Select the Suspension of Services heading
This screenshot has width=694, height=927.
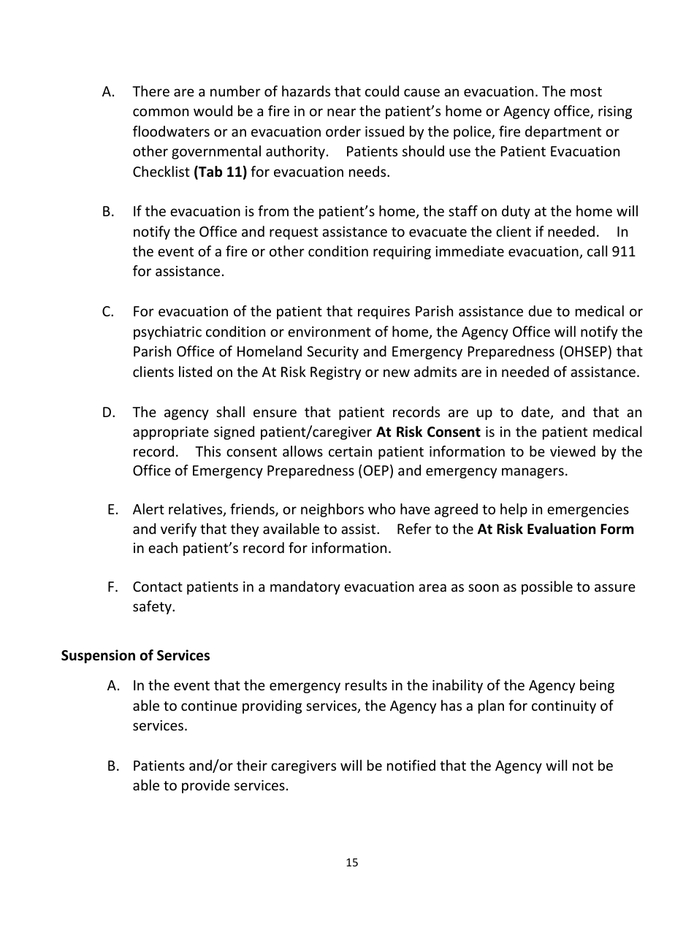tap(135, 655)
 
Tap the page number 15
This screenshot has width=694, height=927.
tap(352, 863)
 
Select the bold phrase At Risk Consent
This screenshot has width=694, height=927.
tap(428, 432)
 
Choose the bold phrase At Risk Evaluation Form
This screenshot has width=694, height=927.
tap(555, 529)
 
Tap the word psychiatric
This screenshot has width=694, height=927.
tap(167, 332)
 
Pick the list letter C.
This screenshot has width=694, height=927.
tap(108, 312)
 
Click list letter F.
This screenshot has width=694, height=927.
tap(113, 587)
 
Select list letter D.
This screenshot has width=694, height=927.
tap(109, 413)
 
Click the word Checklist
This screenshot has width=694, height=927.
tap(161, 172)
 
